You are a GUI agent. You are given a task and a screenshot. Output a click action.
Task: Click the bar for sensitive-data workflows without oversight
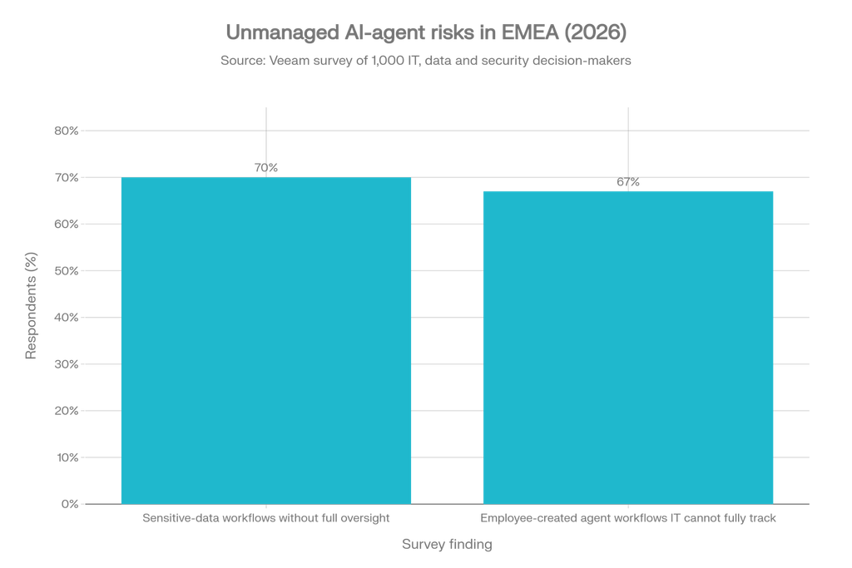(x=266, y=340)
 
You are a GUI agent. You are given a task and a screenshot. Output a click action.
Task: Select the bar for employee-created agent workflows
(x=628, y=348)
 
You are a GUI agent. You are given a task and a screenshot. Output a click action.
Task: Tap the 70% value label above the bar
(x=266, y=168)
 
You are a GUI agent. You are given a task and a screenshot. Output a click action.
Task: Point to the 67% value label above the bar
(x=628, y=182)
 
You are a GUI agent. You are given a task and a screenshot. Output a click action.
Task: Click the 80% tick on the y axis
(x=67, y=131)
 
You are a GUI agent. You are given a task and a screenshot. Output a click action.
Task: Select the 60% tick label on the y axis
(x=67, y=225)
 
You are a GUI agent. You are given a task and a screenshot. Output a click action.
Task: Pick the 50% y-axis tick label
(x=67, y=271)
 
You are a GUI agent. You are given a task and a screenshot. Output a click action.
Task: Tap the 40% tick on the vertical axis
(x=67, y=318)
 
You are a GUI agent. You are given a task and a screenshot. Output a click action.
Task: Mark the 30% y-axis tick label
(x=67, y=364)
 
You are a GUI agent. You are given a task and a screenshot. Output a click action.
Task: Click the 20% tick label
(x=67, y=411)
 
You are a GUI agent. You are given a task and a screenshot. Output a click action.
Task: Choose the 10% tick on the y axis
(x=67, y=457)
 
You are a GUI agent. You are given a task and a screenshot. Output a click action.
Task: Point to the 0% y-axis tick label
(x=70, y=505)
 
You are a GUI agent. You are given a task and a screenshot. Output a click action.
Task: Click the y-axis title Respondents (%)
(x=31, y=306)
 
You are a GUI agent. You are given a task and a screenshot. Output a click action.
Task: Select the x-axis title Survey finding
(x=447, y=544)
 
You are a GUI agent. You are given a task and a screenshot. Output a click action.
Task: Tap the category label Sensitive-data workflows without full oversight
(x=266, y=518)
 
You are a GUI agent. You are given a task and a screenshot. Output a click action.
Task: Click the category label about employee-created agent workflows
(x=628, y=518)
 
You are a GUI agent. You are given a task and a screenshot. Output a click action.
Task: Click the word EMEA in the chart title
(x=530, y=32)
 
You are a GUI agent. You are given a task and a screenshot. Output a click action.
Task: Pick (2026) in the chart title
(x=596, y=32)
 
